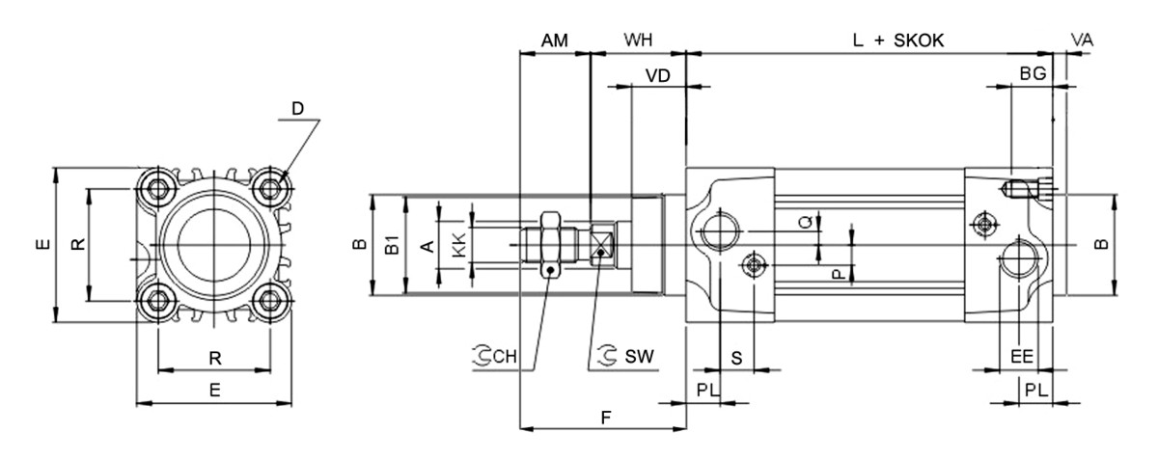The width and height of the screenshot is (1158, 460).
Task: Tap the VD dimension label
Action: click(658, 76)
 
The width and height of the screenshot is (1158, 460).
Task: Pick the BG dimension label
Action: click(1033, 74)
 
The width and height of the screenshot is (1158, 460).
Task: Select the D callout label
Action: click(297, 109)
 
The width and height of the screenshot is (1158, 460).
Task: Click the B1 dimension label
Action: click(392, 245)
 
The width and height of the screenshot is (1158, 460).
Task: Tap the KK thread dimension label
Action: click(458, 245)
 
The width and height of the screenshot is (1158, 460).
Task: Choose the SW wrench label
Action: click(638, 356)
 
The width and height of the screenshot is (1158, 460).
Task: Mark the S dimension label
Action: click(736, 358)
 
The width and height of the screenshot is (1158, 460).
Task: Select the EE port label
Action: click(1022, 356)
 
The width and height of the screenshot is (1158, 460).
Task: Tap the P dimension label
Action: click(838, 274)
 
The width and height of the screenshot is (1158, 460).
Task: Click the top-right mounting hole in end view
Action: click(273, 186)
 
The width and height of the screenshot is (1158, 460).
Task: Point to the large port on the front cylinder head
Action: click(720, 232)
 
